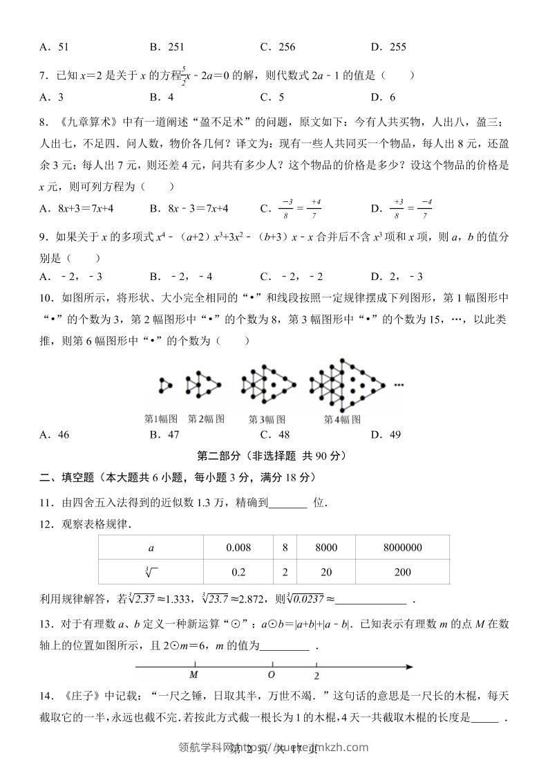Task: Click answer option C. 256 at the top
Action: coord(278,47)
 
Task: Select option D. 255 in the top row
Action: coord(388,47)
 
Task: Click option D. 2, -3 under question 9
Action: coord(397,277)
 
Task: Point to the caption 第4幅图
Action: coord(342,419)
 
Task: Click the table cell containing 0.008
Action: coord(238,547)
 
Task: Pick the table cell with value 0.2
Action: coord(238,572)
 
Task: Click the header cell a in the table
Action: coord(151,547)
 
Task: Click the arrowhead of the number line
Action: coord(409,667)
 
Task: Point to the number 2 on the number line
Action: coord(316,676)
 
